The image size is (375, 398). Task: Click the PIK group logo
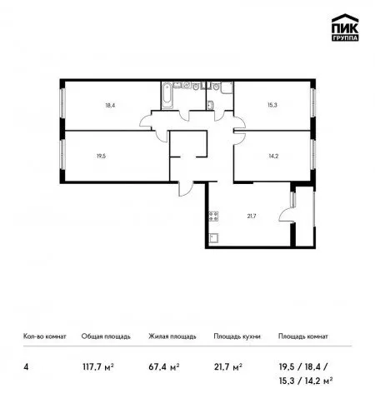345,27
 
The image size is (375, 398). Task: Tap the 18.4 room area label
110,105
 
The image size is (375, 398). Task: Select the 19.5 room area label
101,156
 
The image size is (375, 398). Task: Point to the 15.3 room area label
272,105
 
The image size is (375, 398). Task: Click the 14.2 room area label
273,156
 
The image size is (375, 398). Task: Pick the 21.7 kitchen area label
252,216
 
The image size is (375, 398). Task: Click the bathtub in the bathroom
167,95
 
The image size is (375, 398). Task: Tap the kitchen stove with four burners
213,216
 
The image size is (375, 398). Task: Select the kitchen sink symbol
213,238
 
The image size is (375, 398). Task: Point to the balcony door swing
286,214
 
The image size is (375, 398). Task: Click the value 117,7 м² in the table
98,367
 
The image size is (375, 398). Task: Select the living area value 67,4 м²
164,367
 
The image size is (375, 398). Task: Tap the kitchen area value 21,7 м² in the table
228,367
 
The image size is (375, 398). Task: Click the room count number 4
26,367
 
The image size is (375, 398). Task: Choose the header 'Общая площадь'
106,336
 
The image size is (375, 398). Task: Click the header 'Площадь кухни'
237,336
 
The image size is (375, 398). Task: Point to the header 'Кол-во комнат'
45,336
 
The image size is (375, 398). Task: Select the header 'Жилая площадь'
172,336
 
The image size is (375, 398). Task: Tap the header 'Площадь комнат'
303,336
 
